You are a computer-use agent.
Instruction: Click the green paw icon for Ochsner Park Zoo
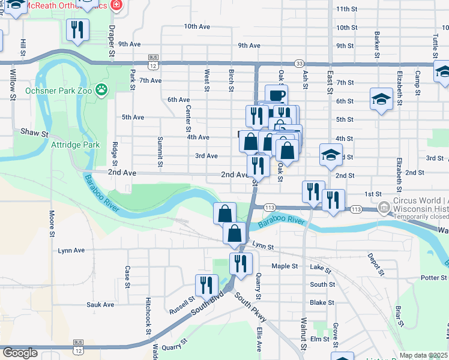click(x=104, y=91)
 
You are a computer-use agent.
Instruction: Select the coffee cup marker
click(x=276, y=96)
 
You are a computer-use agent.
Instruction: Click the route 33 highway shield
click(x=300, y=63)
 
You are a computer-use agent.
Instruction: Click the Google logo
click(x=20, y=353)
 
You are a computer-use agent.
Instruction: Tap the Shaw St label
click(x=34, y=132)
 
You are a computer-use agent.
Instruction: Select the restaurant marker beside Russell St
click(x=207, y=286)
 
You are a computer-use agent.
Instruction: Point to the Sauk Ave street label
click(x=100, y=305)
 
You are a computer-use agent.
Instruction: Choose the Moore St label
click(x=52, y=222)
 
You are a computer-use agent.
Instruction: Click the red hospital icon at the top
click(x=116, y=5)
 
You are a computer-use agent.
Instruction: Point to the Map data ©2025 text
click(x=423, y=355)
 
